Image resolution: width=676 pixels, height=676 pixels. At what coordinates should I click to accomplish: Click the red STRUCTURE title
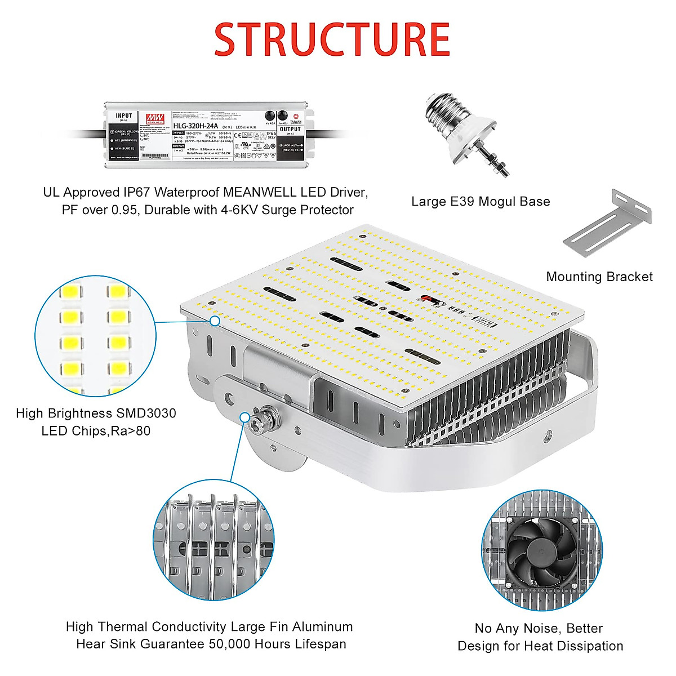332,39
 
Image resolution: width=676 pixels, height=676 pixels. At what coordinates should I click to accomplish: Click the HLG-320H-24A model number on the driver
195,126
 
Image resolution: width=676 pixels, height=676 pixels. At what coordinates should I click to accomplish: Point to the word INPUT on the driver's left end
124,116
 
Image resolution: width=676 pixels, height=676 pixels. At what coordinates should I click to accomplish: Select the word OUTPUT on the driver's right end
290,130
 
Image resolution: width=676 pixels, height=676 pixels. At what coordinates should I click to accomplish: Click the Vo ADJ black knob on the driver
269,115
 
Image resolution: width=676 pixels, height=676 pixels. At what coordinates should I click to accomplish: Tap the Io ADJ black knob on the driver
283,115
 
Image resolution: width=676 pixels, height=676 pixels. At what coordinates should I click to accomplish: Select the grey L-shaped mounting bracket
608,225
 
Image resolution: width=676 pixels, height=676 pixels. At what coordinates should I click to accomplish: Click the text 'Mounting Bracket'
599,277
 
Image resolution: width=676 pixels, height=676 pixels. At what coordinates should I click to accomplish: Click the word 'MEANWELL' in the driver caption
260,192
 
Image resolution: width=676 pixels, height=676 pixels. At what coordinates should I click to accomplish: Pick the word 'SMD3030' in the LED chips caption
146,413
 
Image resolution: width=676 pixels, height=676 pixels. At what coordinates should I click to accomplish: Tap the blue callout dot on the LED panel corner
215,321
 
